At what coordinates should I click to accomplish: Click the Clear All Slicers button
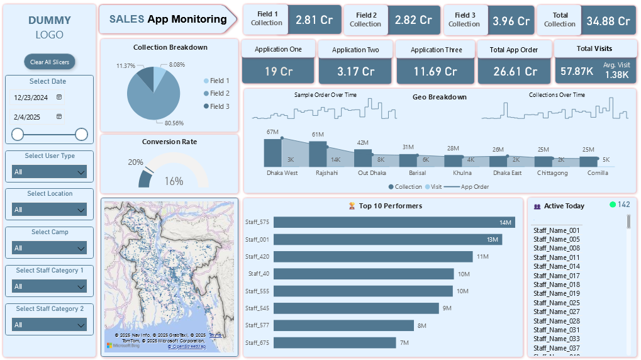(x=50, y=62)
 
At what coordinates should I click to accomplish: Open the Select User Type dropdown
(x=50, y=172)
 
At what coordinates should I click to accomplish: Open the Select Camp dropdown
(x=50, y=248)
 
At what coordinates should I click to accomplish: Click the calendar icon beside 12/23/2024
(x=59, y=98)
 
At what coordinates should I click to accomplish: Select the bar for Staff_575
(x=394, y=222)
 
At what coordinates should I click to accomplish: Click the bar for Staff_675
(x=335, y=342)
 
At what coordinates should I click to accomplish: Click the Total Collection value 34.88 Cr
(x=608, y=20)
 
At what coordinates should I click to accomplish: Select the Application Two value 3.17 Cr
(x=356, y=71)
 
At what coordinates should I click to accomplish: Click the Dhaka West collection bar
(x=272, y=152)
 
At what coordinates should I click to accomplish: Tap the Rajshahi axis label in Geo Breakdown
(x=326, y=173)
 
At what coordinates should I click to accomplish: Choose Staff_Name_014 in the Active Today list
(x=557, y=266)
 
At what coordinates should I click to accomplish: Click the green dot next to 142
(x=613, y=205)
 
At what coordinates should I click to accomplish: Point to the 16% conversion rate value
(x=174, y=181)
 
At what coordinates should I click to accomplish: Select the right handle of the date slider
(x=81, y=134)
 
